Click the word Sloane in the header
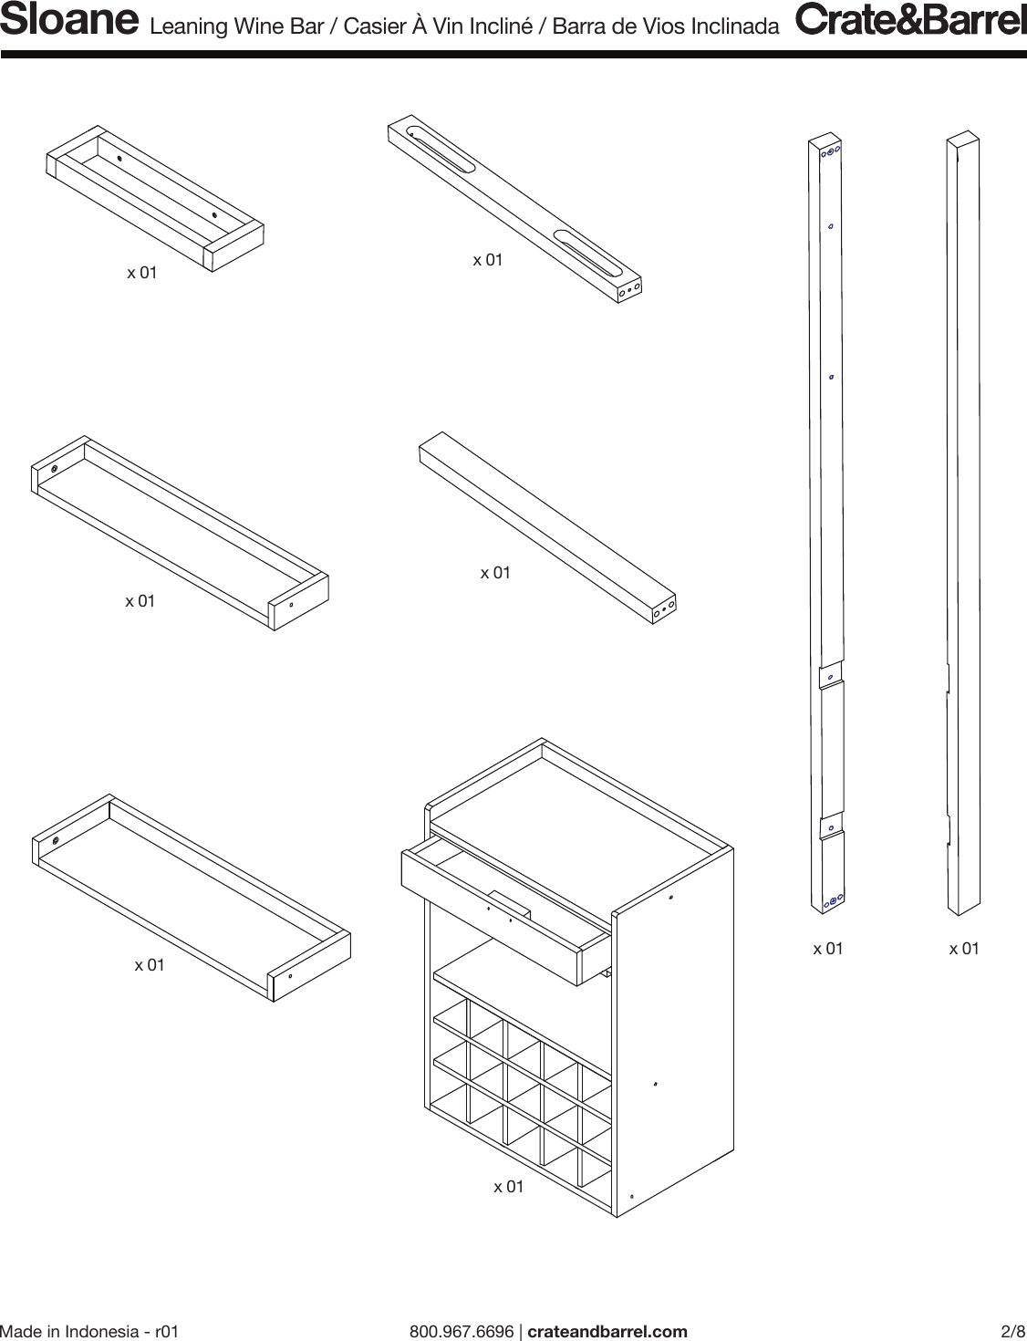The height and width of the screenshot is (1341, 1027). (x=69, y=22)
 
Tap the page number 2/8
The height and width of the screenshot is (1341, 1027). (x=1013, y=1331)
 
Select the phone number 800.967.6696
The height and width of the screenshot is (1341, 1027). (x=462, y=1331)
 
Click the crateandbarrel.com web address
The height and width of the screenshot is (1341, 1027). (x=607, y=1331)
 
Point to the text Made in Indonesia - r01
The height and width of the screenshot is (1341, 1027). (x=89, y=1331)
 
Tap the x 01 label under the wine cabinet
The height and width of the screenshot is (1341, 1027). (x=509, y=1186)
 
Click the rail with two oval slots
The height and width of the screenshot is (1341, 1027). (x=515, y=209)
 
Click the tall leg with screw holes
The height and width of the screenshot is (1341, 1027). (x=826, y=525)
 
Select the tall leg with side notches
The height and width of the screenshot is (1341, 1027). (x=962, y=525)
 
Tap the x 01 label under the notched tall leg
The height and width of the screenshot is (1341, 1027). (x=963, y=949)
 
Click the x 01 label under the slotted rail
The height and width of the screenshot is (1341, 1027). (x=487, y=260)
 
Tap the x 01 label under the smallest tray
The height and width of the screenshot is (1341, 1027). (x=141, y=272)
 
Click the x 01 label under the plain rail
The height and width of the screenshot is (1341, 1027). (x=495, y=573)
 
